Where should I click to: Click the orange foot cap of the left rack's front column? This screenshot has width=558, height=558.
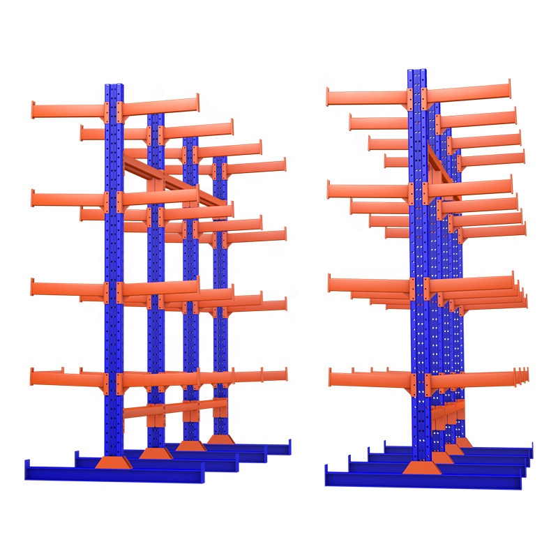point(113,463)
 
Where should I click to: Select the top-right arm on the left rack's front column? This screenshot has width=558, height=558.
point(160,105)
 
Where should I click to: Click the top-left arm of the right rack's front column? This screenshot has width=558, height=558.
point(367,97)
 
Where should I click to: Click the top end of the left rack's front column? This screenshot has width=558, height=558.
point(114,86)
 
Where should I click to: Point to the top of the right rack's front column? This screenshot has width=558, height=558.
point(417,71)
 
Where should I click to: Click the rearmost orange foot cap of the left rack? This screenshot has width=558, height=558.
point(220,439)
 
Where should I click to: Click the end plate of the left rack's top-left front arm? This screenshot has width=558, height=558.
point(33,110)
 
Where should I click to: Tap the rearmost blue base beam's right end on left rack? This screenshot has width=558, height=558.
point(287,447)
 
